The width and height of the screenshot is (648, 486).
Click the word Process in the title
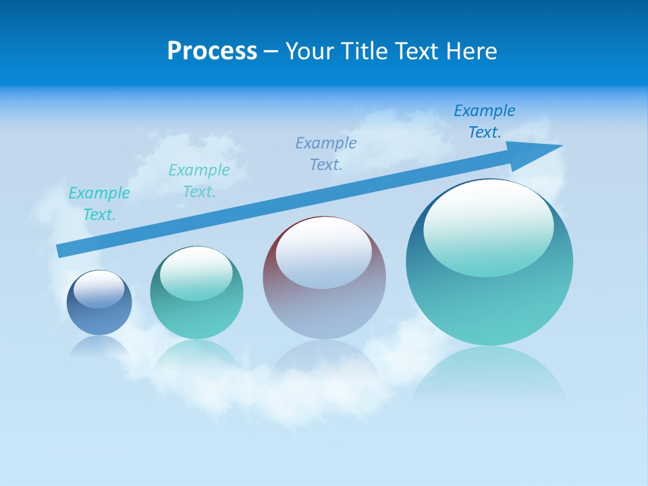tap(212, 51)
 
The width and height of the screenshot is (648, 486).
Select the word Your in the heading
tap(308, 51)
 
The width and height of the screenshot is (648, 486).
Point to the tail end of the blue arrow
tap(62, 250)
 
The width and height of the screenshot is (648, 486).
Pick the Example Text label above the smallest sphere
tap(99, 204)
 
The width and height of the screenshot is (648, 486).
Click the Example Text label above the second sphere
tap(199, 181)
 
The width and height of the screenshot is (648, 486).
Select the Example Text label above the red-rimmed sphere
tap(326, 154)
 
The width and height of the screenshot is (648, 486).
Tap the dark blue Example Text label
tap(485, 122)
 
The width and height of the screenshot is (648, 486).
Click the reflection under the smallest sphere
tap(99, 346)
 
